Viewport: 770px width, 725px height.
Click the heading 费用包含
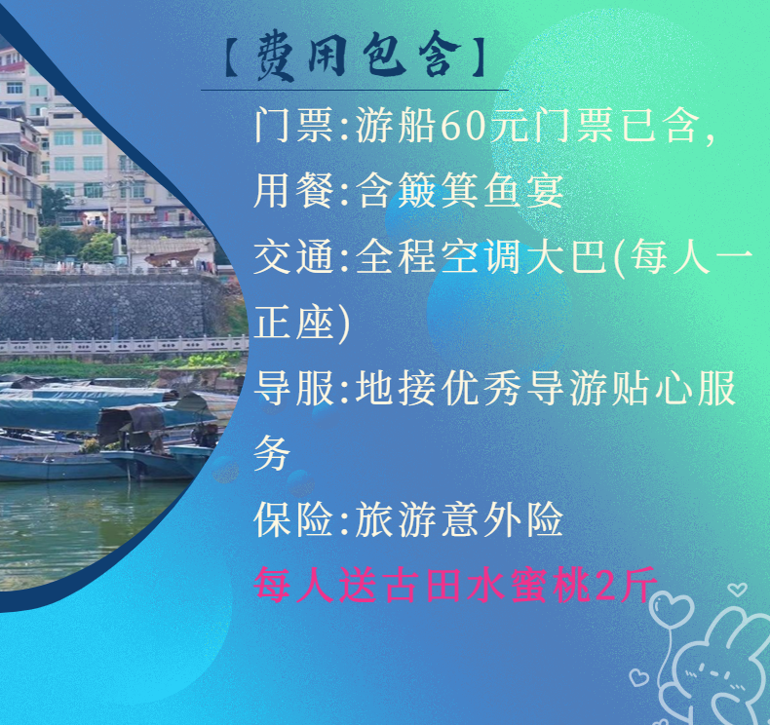[x=359, y=56]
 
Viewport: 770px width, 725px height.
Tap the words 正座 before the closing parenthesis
[x=294, y=323]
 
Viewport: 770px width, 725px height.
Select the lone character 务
[x=272, y=453]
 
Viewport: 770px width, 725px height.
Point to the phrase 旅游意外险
[x=459, y=519]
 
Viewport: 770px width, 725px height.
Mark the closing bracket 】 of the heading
[x=478, y=57]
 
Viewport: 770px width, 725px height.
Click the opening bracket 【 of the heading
[x=232, y=57]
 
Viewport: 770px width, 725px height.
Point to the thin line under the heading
[x=355, y=91]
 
